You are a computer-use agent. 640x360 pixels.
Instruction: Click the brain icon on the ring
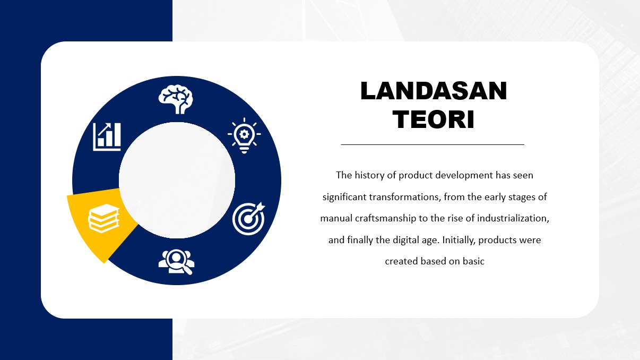[176, 99]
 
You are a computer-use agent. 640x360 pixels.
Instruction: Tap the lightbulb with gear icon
[244, 135]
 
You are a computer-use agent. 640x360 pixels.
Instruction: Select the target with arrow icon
[249, 218]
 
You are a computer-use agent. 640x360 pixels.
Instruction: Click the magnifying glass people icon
[176, 262]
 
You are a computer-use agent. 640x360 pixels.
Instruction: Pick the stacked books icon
[103, 218]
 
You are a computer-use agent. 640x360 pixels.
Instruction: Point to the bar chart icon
[107, 136]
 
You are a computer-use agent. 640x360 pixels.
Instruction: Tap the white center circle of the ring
[177, 180]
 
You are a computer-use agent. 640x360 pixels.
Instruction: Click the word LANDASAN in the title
[434, 91]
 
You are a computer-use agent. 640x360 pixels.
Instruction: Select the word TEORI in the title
[434, 119]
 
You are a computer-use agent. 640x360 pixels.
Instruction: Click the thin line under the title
[433, 144]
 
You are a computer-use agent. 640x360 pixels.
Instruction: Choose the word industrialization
[513, 218]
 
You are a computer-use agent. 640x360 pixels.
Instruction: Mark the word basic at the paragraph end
[473, 261]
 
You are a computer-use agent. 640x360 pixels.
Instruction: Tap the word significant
[344, 197]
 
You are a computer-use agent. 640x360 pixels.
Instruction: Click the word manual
[336, 218]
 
